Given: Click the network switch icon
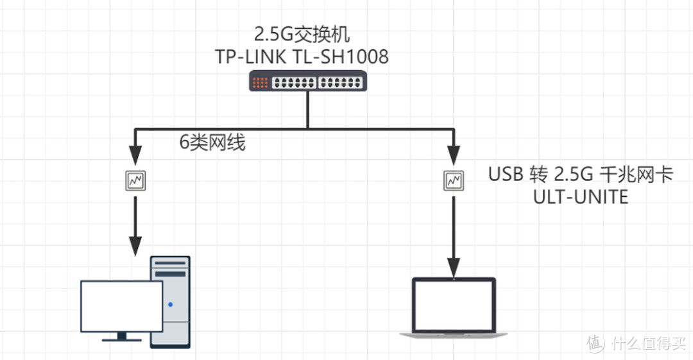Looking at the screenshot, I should coord(308,81).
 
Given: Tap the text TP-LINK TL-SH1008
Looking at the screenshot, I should coord(302,57).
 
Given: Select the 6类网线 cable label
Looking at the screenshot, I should coord(212,143).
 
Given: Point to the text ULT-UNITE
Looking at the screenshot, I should coord(581,197).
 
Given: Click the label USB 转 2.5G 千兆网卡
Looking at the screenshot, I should coord(581,175).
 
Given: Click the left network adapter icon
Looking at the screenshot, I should coord(135,181).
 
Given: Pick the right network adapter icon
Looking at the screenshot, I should coord(454,181).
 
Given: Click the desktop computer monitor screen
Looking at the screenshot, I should coord(121,306).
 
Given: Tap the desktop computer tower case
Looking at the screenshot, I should coord(170,302).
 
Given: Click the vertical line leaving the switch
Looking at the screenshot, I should coord(308,109).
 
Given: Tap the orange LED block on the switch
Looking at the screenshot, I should coord(260,82).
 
